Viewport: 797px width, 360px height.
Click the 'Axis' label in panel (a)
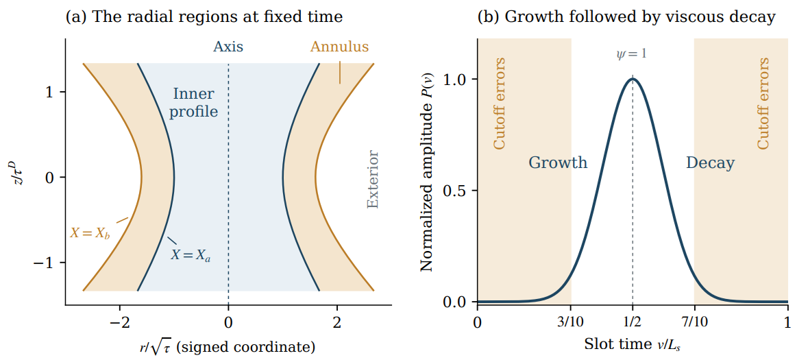click(x=228, y=47)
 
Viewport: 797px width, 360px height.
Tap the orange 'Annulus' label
click(x=339, y=47)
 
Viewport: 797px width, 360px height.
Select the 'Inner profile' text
click(x=194, y=104)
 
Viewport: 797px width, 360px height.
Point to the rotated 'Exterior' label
click(x=373, y=179)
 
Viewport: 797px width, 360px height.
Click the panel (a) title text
click(x=204, y=17)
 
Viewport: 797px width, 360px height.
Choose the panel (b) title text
click(x=626, y=17)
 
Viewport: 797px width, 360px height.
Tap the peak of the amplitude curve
click(x=633, y=78)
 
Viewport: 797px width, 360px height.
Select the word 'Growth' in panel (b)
click(x=558, y=163)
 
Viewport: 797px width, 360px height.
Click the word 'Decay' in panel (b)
click(x=711, y=163)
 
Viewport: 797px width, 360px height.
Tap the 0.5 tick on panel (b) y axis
click(x=456, y=191)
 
